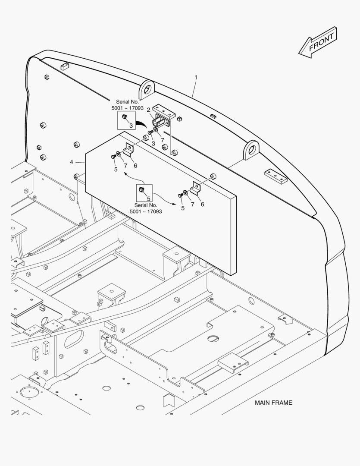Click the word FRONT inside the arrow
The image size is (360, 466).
tap(321, 42)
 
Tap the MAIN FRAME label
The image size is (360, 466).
tap(273, 403)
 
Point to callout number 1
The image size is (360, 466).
tap(196, 77)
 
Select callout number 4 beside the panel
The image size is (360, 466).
tap(71, 162)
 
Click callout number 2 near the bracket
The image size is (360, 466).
tap(148, 110)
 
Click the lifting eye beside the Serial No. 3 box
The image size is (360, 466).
tap(147, 89)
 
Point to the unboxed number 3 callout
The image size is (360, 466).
tap(153, 144)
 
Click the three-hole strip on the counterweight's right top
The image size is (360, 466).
tap(276, 176)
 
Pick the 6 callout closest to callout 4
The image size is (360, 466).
tap(135, 166)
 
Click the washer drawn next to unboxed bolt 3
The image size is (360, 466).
tap(155, 130)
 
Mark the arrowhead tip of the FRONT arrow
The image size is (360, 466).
tap(298, 54)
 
